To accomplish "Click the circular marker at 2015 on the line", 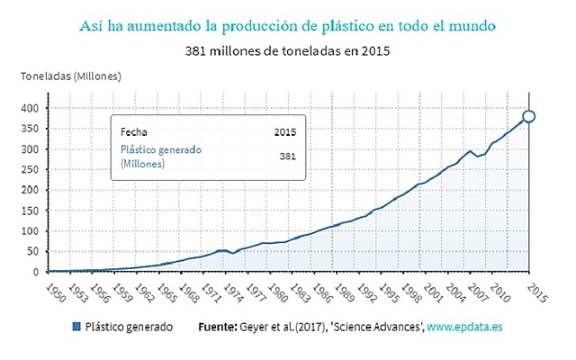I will coord(529,116).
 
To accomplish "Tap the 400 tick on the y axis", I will coord(31,108).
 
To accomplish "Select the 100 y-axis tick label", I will coord(31,230).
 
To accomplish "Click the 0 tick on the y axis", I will coord(37,272).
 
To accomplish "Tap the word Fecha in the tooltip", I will coord(134,132).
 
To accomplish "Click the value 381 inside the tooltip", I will coord(287,157).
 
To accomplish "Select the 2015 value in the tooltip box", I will coord(285,132).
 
